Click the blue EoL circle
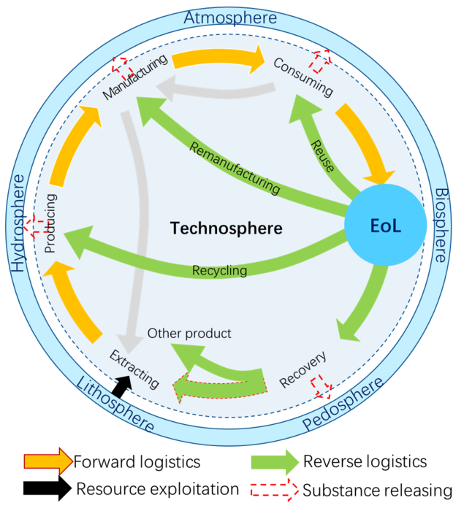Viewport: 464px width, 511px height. (x=385, y=226)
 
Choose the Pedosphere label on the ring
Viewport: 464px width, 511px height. (x=343, y=404)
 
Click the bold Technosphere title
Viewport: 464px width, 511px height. (x=226, y=228)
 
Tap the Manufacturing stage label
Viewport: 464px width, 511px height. (x=136, y=76)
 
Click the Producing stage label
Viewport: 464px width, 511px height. (x=50, y=223)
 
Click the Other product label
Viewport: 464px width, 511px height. (x=189, y=334)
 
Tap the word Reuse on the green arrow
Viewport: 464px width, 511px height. (x=322, y=155)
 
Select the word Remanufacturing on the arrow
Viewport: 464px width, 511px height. (x=234, y=169)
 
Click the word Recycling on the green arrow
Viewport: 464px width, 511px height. (x=219, y=271)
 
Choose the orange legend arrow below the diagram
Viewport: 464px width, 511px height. (x=48, y=461)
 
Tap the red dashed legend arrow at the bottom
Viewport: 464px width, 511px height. (x=275, y=490)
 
